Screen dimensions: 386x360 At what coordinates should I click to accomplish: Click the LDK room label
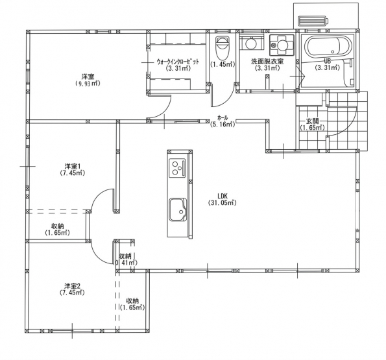pos(223,196)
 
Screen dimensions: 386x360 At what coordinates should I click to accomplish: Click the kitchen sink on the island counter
pos(178,210)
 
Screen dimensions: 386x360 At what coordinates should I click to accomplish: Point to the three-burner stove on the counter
pos(177,167)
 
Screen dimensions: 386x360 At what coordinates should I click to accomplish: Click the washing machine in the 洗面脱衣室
pos(282,45)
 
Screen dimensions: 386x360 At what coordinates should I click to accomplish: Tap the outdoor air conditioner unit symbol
pos(313,21)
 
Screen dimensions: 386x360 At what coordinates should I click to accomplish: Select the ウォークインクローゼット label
pos(178,62)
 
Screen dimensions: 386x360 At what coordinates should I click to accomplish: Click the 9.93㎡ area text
pos(88,84)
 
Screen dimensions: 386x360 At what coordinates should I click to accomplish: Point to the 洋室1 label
pos(73,166)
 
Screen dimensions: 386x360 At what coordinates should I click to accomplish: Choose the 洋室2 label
pos(73,286)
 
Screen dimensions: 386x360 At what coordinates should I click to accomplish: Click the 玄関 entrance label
pos(313,121)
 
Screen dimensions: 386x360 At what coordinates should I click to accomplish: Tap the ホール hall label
pos(223,117)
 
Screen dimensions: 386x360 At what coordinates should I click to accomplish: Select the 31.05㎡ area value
pos(223,203)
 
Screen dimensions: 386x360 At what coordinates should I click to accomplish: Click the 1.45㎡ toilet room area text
pos(223,64)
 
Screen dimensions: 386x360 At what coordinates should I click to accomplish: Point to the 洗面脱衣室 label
pos(267,62)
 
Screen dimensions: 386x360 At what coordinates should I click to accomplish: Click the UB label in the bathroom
pos(328,61)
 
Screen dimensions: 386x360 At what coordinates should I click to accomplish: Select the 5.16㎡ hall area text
pos(223,125)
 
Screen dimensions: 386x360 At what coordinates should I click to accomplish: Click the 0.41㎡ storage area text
pos(126,262)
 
